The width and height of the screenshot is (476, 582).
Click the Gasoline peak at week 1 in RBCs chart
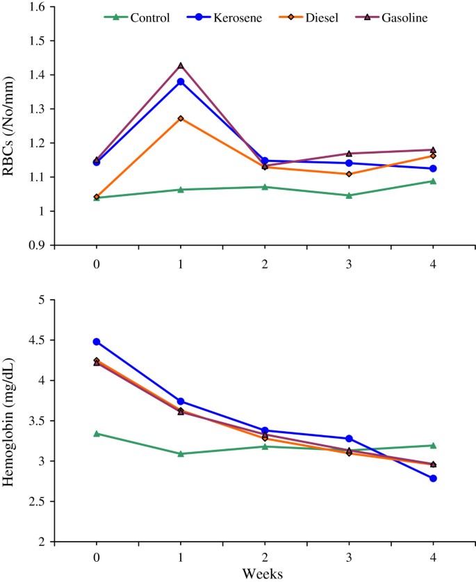pyautogui.click(x=181, y=65)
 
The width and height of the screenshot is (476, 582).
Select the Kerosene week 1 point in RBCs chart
pyautogui.click(x=181, y=82)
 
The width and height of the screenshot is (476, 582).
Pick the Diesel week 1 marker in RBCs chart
pyautogui.click(x=181, y=118)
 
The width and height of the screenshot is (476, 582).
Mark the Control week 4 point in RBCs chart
pyautogui.click(x=433, y=181)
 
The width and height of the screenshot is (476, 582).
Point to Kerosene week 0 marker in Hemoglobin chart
pyautogui.click(x=97, y=341)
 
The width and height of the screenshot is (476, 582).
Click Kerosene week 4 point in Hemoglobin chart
pyautogui.click(x=433, y=478)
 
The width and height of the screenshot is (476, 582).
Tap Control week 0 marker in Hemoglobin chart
pyautogui.click(x=97, y=433)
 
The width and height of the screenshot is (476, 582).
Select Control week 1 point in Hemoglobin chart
pyautogui.click(x=181, y=453)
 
